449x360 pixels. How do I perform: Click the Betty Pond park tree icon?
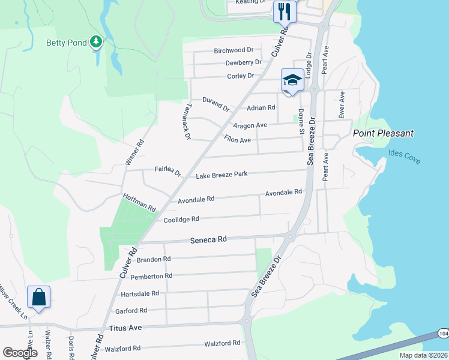tap(95, 42)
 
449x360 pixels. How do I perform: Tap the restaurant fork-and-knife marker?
tap(283, 11)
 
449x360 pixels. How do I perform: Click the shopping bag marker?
tap(38, 297)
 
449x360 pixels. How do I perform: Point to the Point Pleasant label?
tap(384, 133)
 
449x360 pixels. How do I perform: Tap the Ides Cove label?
tap(404, 158)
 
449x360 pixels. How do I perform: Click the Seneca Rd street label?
tap(208, 239)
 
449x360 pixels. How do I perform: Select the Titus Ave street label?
tap(125, 328)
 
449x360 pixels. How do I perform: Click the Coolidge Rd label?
tap(181, 220)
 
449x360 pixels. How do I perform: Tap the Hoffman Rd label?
tap(139, 202)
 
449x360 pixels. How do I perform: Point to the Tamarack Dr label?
tap(186, 121)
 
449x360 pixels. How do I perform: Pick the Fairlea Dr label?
tap(167, 172)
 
